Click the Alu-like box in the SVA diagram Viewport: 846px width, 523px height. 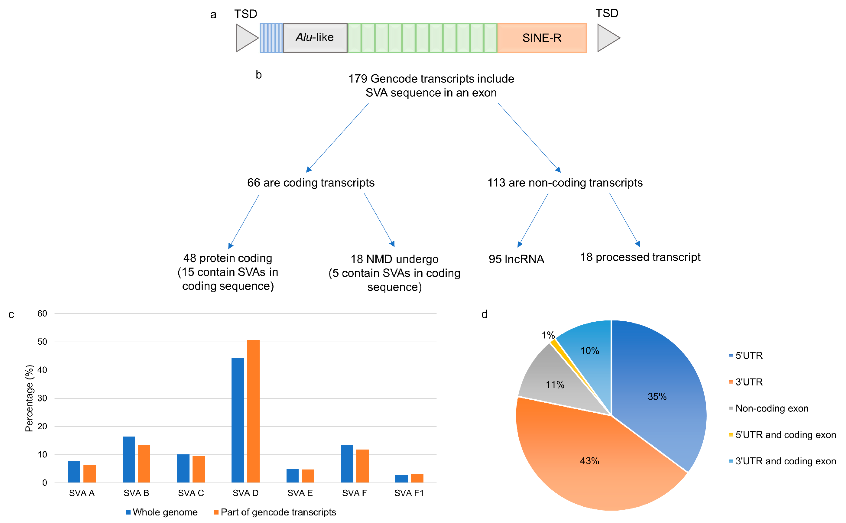(315, 38)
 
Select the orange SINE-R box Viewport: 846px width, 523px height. (541, 38)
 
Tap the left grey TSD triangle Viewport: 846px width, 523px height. (245, 38)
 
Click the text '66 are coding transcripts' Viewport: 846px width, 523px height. (310, 183)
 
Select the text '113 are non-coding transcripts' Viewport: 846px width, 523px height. (565, 183)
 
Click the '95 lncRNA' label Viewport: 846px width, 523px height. (516, 259)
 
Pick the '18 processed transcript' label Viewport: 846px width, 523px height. (640, 257)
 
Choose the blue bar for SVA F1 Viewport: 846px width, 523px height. (401, 479)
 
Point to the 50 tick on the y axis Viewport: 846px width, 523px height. (42, 342)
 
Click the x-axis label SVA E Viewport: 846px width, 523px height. (300, 493)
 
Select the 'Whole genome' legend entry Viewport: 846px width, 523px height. (161, 512)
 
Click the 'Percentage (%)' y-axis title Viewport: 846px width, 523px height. (29, 398)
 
